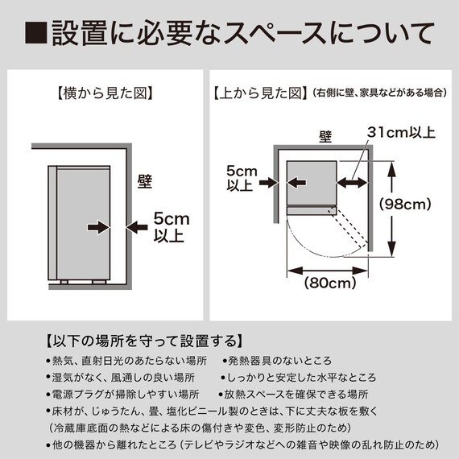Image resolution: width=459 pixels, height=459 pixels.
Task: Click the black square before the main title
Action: tap(36, 35)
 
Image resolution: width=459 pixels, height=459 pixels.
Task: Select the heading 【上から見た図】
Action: tap(259, 93)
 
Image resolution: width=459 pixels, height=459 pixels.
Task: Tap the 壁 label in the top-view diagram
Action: tap(325, 136)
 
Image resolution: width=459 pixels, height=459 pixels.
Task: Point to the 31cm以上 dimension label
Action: tap(401, 131)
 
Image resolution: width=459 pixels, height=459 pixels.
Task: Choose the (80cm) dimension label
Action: tap(331, 283)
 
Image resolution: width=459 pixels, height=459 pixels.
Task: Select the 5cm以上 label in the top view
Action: tap(241, 179)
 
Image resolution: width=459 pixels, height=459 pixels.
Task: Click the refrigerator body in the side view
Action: tap(80, 221)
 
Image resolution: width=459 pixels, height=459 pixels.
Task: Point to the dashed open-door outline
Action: tap(349, 229)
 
